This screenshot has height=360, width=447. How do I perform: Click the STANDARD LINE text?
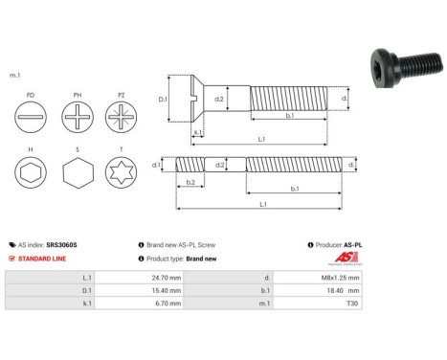[x=44, y=259]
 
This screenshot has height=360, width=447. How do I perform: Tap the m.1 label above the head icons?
[x=14, y=74]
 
